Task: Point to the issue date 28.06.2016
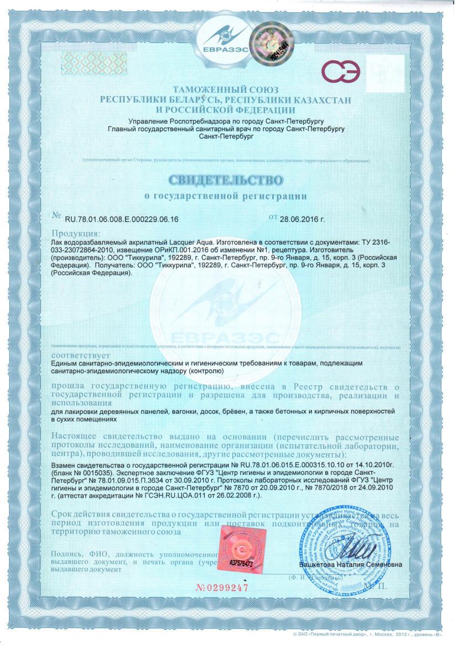[x=303, y=219]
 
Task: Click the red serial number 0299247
[x=222, y=587]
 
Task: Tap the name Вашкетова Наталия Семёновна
[x=351, y=565]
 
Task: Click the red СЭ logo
[x=341, y=71]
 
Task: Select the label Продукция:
[x=76, y=233]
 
